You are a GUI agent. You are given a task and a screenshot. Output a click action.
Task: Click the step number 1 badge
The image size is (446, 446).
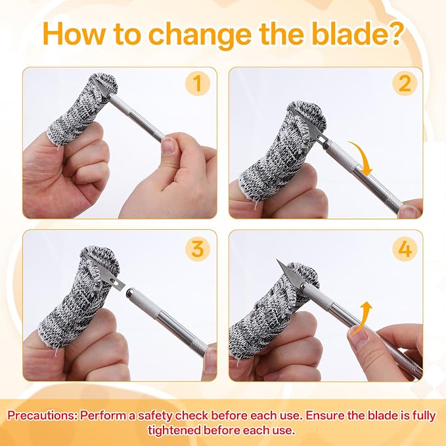pos(197,83)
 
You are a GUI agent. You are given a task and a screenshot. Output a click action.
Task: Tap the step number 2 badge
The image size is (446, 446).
pos(404,83)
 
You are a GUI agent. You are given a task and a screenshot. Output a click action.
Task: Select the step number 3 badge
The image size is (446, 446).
pos(197,249)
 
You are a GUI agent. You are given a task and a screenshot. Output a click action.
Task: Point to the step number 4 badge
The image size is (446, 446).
pos(404,249)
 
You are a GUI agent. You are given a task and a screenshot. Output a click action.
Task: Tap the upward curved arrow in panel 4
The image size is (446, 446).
pos(363,318)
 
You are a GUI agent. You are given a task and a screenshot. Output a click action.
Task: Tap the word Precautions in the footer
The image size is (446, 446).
pos(42,416)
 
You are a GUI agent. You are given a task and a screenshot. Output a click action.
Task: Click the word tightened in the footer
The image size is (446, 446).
pos(177,430)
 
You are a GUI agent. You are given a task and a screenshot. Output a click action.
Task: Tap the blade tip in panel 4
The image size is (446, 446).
pos(277,259)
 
